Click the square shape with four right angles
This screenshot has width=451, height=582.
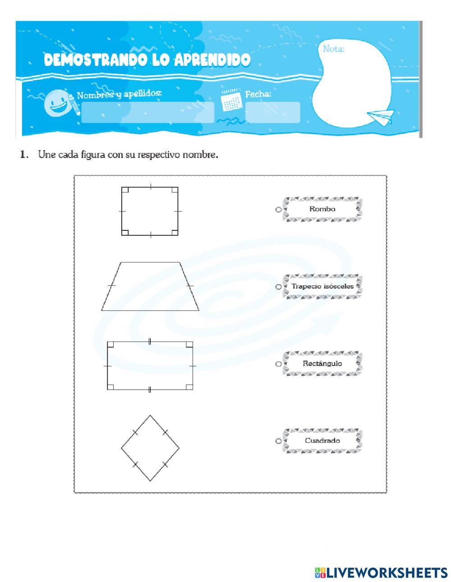(x=150, y=211)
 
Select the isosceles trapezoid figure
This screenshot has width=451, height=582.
(x=150, y=286)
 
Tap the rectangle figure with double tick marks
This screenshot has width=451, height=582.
(x=150, y=366)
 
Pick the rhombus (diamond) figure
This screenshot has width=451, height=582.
(x=150, y=448)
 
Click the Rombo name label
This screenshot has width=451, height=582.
(x=322, y=209)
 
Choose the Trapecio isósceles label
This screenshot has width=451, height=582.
(x=322, y=286)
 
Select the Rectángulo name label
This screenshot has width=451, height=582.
(x=322, y=363)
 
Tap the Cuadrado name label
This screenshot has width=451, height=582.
(x=322, y=440)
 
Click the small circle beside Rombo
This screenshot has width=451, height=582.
(x=278, y=210)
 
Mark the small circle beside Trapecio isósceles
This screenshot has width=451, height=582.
(x=278, y=287)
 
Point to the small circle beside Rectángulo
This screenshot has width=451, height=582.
(x=278, y=364)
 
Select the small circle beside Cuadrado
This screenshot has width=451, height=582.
(x=278, y=441)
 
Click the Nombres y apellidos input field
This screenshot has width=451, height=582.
(x=147, y=112)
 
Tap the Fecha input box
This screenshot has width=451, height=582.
(x=272, y=112)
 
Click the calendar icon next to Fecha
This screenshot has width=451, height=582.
(x=232, y=101)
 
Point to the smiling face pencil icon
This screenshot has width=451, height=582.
(x=58, y=103)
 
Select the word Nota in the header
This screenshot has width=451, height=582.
(x=333, y=49)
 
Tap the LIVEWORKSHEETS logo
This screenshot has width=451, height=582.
(x=382, y=572)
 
